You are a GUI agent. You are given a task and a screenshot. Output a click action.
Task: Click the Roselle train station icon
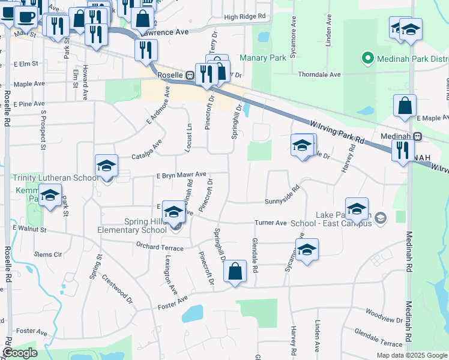click(x=189, y=76)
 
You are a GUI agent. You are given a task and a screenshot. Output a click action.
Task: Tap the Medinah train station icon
click(x=417, y=136)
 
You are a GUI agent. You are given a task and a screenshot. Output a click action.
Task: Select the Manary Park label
click(x=262, y=58)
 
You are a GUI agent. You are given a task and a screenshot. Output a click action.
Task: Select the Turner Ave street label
click(x=271, y=223)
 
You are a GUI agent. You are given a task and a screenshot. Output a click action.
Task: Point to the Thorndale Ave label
click(x=319, y=74)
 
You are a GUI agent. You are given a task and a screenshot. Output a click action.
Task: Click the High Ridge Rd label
click(x=244, y=17)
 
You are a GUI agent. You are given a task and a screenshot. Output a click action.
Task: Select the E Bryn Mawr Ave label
click(x=181, y=175)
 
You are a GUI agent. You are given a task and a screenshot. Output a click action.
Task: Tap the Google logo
click(x=20, y=353)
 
